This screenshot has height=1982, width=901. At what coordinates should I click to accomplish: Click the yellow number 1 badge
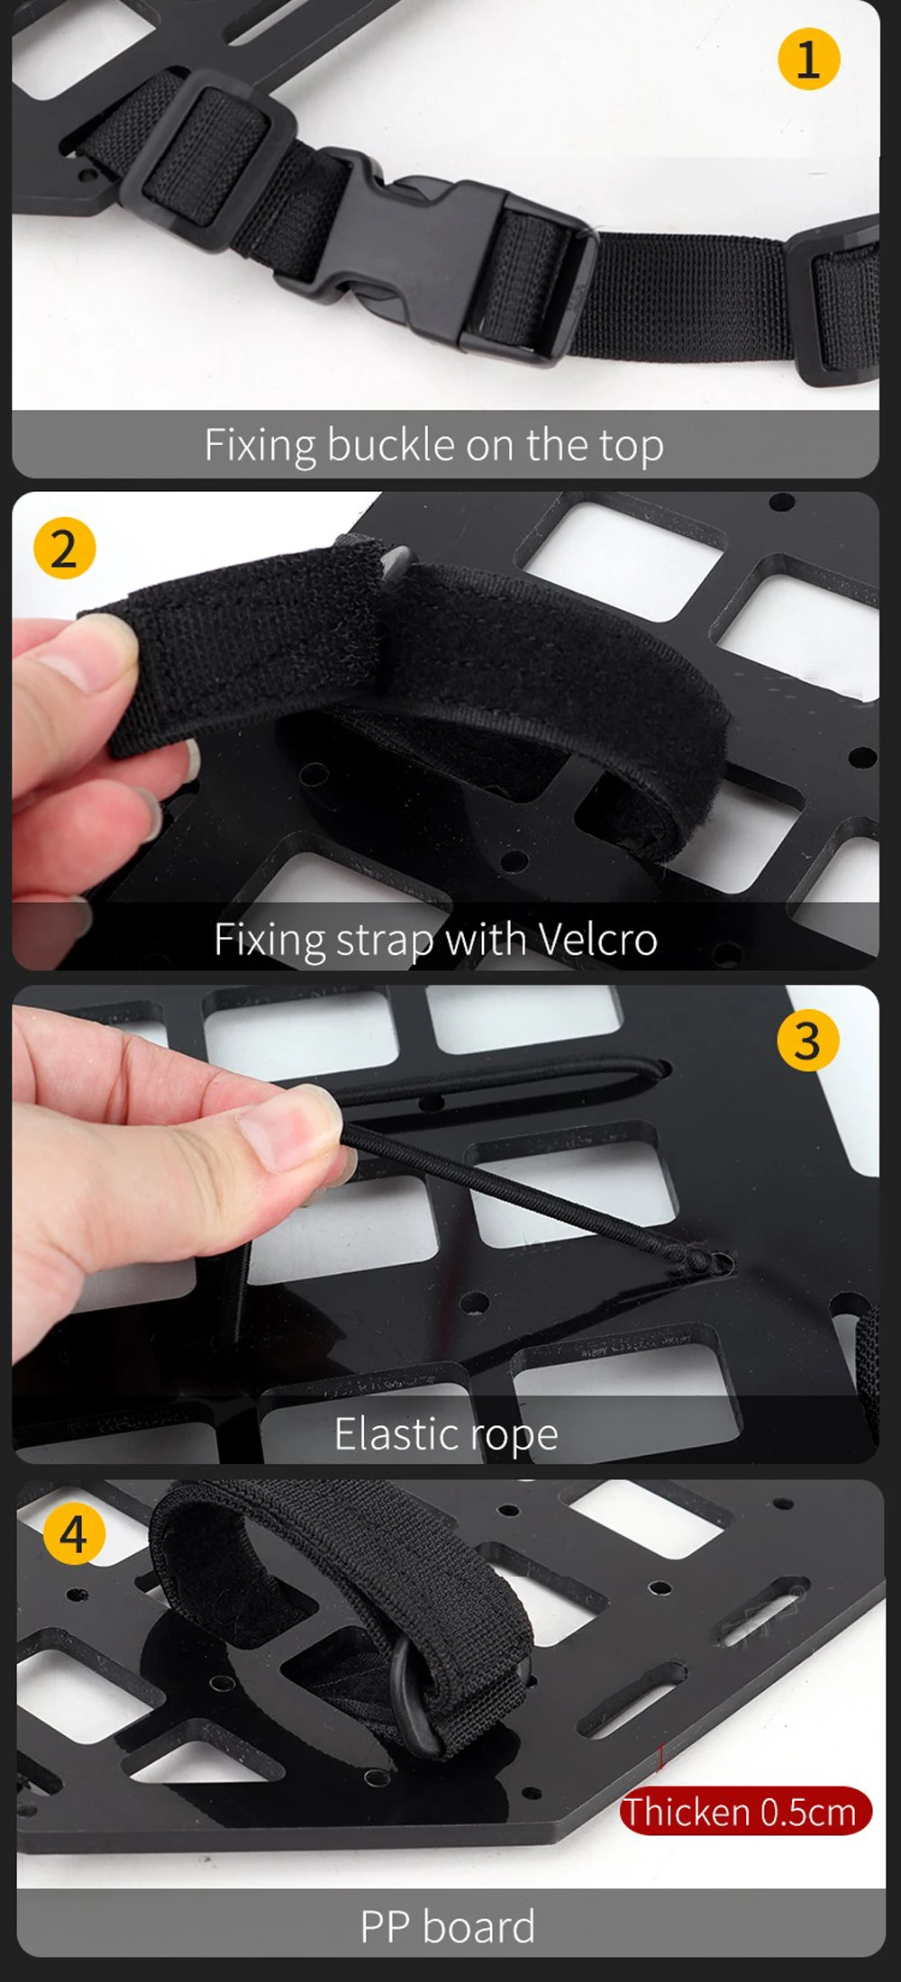(x=808, y=59)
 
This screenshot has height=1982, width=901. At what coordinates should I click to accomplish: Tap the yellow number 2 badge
(x=64, y=548)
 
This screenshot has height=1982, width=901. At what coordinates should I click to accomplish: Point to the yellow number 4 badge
(x=74, y=1534)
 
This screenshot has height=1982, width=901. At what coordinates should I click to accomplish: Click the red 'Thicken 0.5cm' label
(x=746, y=1811)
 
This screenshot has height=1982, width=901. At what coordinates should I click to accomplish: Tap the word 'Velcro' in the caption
(x=598, y=939)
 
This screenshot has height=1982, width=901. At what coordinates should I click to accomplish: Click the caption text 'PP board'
(x=448, y=1926)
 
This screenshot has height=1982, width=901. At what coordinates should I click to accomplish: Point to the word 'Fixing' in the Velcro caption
(x=269, y=941)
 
